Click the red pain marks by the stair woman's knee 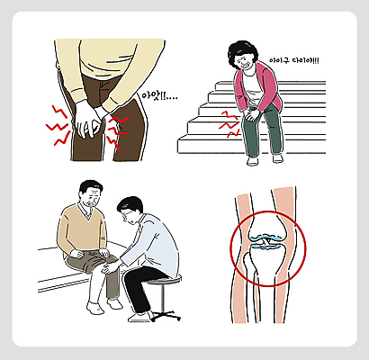[x=227, y=125]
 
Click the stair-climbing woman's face [x=246, y=62]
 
